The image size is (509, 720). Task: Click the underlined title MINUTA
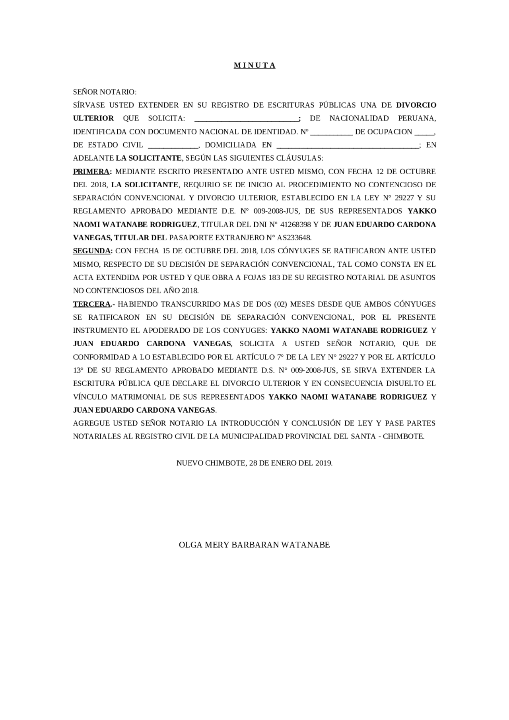coord(254,66)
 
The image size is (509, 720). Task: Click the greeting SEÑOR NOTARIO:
coord(105,92)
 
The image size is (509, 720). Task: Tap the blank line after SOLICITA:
coord(247,119)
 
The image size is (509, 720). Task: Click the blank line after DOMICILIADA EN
coord(347,146)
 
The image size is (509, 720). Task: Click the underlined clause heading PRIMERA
coord(91,172)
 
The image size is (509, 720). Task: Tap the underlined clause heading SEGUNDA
coord(91,251)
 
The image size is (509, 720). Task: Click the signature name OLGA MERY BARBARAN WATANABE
coord(254,545)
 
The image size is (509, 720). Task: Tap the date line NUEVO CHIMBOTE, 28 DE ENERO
coord(254,463)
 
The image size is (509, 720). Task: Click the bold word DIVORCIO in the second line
coord(416,105)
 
